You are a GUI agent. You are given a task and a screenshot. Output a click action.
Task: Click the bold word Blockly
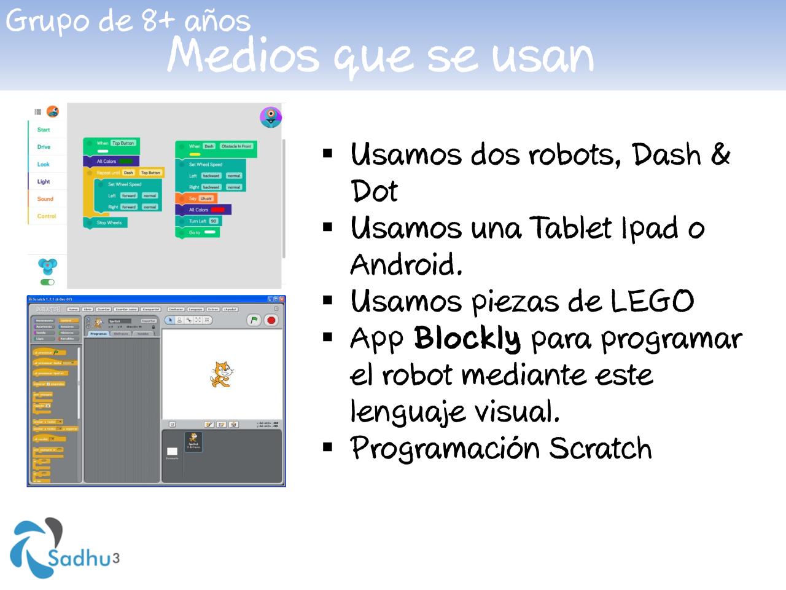coord(467,338)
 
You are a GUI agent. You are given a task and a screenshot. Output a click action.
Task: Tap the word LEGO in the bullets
coord(652,301)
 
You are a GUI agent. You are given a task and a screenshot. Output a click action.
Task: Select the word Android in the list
coord(405,265)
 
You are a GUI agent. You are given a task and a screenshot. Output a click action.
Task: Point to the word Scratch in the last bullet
coord(600,448)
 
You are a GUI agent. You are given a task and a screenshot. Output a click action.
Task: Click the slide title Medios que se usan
coord(380,56)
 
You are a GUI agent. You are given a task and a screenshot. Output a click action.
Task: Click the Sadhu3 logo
coord(64,549)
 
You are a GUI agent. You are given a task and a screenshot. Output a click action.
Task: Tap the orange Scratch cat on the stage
coord(222,373)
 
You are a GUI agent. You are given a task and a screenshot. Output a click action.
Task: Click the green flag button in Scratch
coord(254,320)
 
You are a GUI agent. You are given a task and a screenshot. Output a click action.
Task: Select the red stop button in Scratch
coord(271,320)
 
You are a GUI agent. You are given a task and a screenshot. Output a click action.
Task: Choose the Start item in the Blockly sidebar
coord(44,130)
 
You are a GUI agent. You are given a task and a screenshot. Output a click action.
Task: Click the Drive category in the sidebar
coord(44,147)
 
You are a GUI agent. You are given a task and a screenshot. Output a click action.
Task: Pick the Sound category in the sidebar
coord(45,199)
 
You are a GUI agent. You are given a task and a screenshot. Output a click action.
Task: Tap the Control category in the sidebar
coord(47,216)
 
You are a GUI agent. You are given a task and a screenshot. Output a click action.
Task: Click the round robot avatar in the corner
coord(271,116)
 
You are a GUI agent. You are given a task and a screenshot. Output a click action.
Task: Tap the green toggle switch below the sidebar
coord(47,282)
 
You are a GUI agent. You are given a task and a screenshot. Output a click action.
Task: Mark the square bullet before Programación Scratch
coord(328,446)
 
